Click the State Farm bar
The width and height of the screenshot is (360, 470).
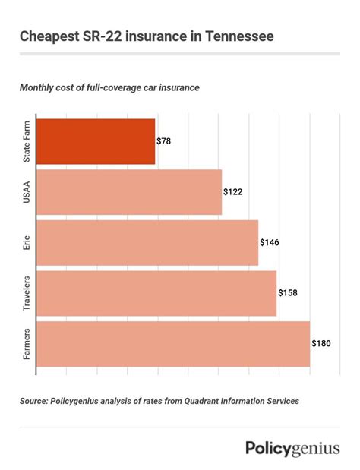coord(95,142)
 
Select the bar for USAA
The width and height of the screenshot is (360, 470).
coord(128,192)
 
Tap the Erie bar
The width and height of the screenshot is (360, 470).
coord(147,243)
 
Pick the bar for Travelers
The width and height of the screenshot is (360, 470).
coord(156,293)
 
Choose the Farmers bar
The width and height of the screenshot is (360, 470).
coord(172,344)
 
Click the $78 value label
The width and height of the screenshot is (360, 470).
coord(165,142)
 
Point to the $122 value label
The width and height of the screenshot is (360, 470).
coord(233,192)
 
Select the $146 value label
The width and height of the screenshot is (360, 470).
coord(270,243)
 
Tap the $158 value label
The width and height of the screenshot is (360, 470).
coord(288,293)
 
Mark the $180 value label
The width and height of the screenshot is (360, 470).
coord(321,344)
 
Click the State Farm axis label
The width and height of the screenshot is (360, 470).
coord(27,142)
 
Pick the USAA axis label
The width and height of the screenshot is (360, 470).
coord(27,192)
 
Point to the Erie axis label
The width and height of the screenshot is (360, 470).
coord(27,243)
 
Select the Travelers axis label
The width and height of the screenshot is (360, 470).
coord(27,293)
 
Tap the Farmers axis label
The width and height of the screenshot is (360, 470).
coord(27,344)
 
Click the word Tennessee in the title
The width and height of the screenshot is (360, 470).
coord(232,36)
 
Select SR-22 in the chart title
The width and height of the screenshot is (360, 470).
coord(95,36)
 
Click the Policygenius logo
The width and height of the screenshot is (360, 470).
coord(292,449)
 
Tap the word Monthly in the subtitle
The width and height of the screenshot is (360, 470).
coord(41,88)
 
